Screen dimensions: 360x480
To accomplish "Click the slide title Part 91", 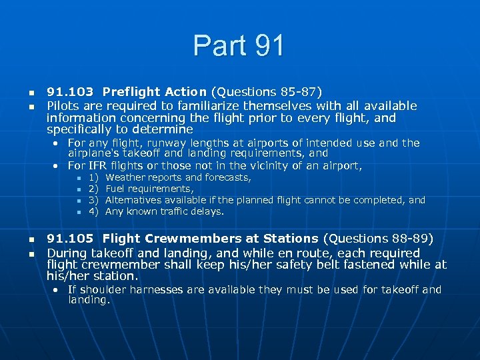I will (x=239, y=45).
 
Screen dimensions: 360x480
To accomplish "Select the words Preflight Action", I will (x=155, y=92).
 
